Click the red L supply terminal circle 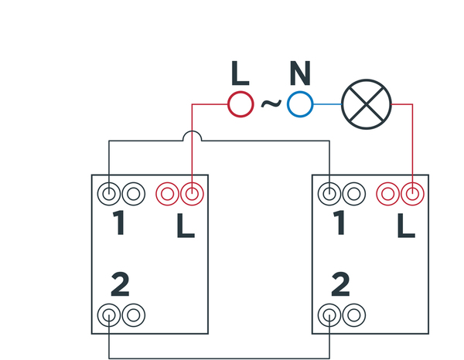(241, 104)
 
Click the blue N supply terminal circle (299, 104)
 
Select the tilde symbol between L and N (270, 103)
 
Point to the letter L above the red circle (241, 73)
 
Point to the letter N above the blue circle (300, 73)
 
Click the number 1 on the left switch (118, 224)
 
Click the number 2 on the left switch (120, 286)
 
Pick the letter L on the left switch (186, 226)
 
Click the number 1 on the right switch (339, 224)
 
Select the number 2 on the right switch (340, 286)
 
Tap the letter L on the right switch (406, 226)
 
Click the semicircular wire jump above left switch (191, 136)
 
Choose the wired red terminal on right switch (412, 192)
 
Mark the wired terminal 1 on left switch (110, 192)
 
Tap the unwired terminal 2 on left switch (135, 314)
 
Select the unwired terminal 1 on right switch (354, 192)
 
